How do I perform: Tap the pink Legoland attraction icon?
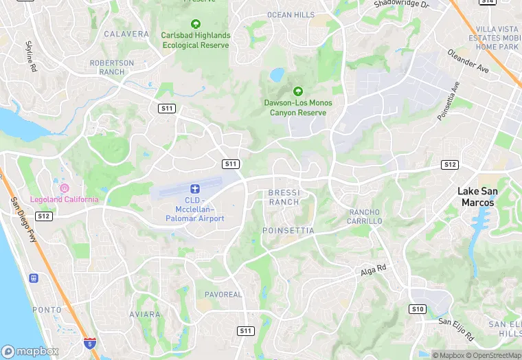point(65,188)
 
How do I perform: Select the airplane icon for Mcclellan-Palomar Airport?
point(195,188)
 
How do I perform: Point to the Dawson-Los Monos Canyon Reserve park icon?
point(298,91)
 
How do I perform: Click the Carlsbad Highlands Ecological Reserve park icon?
point(196,24)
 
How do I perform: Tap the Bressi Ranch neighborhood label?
point(284,197)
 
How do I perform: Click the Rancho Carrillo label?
point(365,216)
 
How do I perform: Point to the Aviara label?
point(145,314)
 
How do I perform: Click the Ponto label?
point(47,310)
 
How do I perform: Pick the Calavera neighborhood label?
point(126,34)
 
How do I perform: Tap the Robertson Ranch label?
point(112,67)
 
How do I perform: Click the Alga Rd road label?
point(374,271)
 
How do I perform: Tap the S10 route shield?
point(417,308)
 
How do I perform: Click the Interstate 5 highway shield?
point(89,342)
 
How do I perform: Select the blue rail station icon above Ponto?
point(33,278)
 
